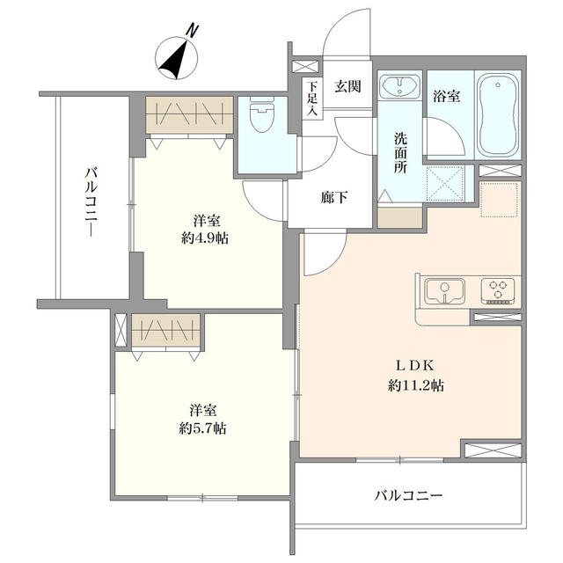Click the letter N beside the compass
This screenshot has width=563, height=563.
pyautogui.click(x=193, y=30)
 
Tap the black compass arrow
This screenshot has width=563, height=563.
pyautogui.click(x=174, y=61)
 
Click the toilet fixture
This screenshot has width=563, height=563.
pyautogui.click(x=261, y=114)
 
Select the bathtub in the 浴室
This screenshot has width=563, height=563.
pyautogui.click(x=498, y=115)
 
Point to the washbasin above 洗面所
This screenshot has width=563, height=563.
pyautogui.click(x=400, y=86)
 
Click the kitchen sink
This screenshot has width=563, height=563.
pyautogui.click(x=444, y=291)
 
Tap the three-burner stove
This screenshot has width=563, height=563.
pyautogui.click(x=498, y=291)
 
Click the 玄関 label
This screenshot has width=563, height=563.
pyautogui.click(x=347, y=87)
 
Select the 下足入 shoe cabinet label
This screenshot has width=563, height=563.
pyautogui.click(x=312, y=99)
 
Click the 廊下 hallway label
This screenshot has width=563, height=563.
pyautogui.click(x=333, y=197)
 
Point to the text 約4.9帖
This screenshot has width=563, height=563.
pyautogui.click(x=205, y=238)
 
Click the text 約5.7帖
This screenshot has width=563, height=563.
pyautogui.click(x=202, y=428)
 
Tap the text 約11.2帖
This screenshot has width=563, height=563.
pyautogui.click(x=416, y=385)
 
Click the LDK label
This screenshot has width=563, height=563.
pyautogui.click(x=415, y=366)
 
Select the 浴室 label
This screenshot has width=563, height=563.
pyautogui.click(x=446, y=96)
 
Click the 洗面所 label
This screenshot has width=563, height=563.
pyautogui.click(x=400, y=153)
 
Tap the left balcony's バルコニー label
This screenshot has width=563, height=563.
pyautogui.click(x=91, y=202)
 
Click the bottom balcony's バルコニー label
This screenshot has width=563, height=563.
pyautogui.click(x=408, y=496)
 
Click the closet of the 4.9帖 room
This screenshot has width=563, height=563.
pyautogui.click(x=190, y=115)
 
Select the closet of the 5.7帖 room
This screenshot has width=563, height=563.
pyautogui.click(x=165, y=331)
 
